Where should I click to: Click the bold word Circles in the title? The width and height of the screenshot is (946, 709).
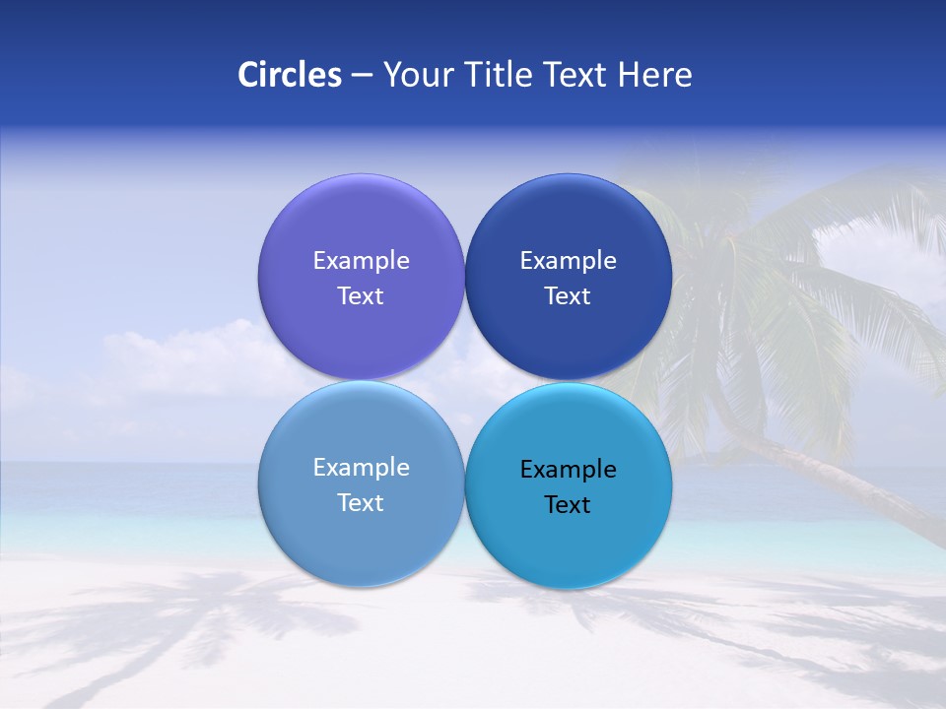click(x=290, y=75)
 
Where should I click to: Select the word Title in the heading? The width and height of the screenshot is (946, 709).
click(x=498, y=75)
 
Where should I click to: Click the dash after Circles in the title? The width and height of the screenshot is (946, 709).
click(x=361, y=76)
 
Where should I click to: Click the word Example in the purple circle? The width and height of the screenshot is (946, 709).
click(x=361, y=261)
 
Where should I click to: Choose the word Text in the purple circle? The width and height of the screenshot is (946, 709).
click(x=361, y=296)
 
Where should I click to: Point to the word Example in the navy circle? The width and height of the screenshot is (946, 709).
click(x=568, y=261)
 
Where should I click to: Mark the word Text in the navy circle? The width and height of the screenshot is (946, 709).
click(x=568, y=296)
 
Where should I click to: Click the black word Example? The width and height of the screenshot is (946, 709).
click(x=568, y=470)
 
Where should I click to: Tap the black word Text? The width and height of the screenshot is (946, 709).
click(x=568, y=505)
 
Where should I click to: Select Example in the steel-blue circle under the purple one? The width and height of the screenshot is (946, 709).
click(x=361, y=468)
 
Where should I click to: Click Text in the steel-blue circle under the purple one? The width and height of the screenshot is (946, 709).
click(x=361, y=503)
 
